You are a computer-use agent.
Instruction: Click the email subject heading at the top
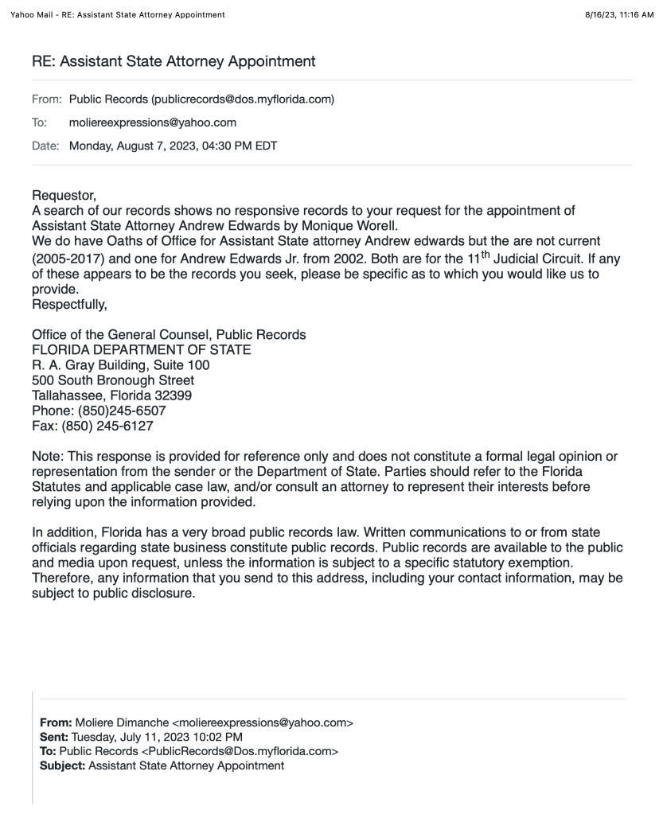pos(174,61)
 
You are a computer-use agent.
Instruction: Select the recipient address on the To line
pos(153,123)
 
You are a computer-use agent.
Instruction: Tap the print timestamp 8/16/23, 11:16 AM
pos(618,14)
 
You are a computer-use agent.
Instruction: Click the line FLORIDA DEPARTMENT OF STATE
pos(141,349)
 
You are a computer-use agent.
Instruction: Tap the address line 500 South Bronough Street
pos(113,380)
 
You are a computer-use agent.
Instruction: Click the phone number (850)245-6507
pos(122,411)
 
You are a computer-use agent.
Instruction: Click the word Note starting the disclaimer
pos(47,457)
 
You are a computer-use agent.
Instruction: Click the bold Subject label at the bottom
pos(62,765)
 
